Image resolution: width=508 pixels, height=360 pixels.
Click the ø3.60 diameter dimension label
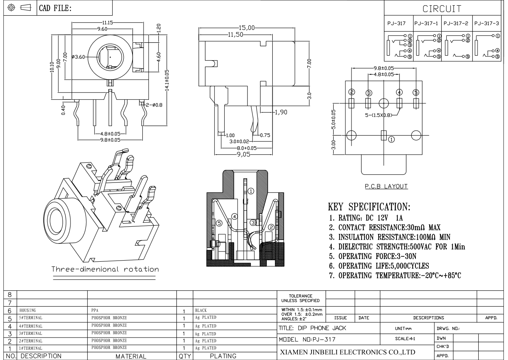pyautogui.click(x=78, y=57)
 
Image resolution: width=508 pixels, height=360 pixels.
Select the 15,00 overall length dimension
pyautogui.click(x=246, y=28)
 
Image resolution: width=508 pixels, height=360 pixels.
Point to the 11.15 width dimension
pyautogui.click(x=107, y=23)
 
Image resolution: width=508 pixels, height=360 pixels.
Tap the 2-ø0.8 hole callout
pyautogui.click(x=154, y=105)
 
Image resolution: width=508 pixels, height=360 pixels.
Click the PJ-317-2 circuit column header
pyautogui.click(x=456, y=23)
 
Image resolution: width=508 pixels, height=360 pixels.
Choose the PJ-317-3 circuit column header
pyautogui.click(x=487, y=23)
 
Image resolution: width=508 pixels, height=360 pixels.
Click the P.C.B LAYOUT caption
pyautogui.click(x=386, y=186)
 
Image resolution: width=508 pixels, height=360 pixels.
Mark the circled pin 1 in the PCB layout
pyautogui.click(x=391, y=139)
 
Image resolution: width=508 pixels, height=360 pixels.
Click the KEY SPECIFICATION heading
pyautogui.click(x=369, y=206)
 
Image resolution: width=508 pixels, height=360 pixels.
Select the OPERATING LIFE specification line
pyautogui.click(x=379, y=266)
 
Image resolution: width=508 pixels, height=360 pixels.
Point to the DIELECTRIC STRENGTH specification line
pyautogui.click(x=397, y=246)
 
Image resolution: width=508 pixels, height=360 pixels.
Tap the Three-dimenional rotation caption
pyautogui.click(x=105, y=269)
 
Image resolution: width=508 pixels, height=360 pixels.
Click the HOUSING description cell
pyautogui.click(x=28, y=310)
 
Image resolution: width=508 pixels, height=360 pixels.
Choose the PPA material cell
pyautogui.click(x=95, y=310)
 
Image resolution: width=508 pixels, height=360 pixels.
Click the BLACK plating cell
pyautogui.click(x=201, y=310)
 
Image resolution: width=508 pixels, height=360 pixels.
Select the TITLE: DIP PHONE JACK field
pyautogui.click(x=312, y=328)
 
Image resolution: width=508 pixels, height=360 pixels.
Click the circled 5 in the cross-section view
pyautogui.click(x=219, y=223)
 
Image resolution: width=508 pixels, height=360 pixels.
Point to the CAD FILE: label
pyautogui.click(x=55, y=8)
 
